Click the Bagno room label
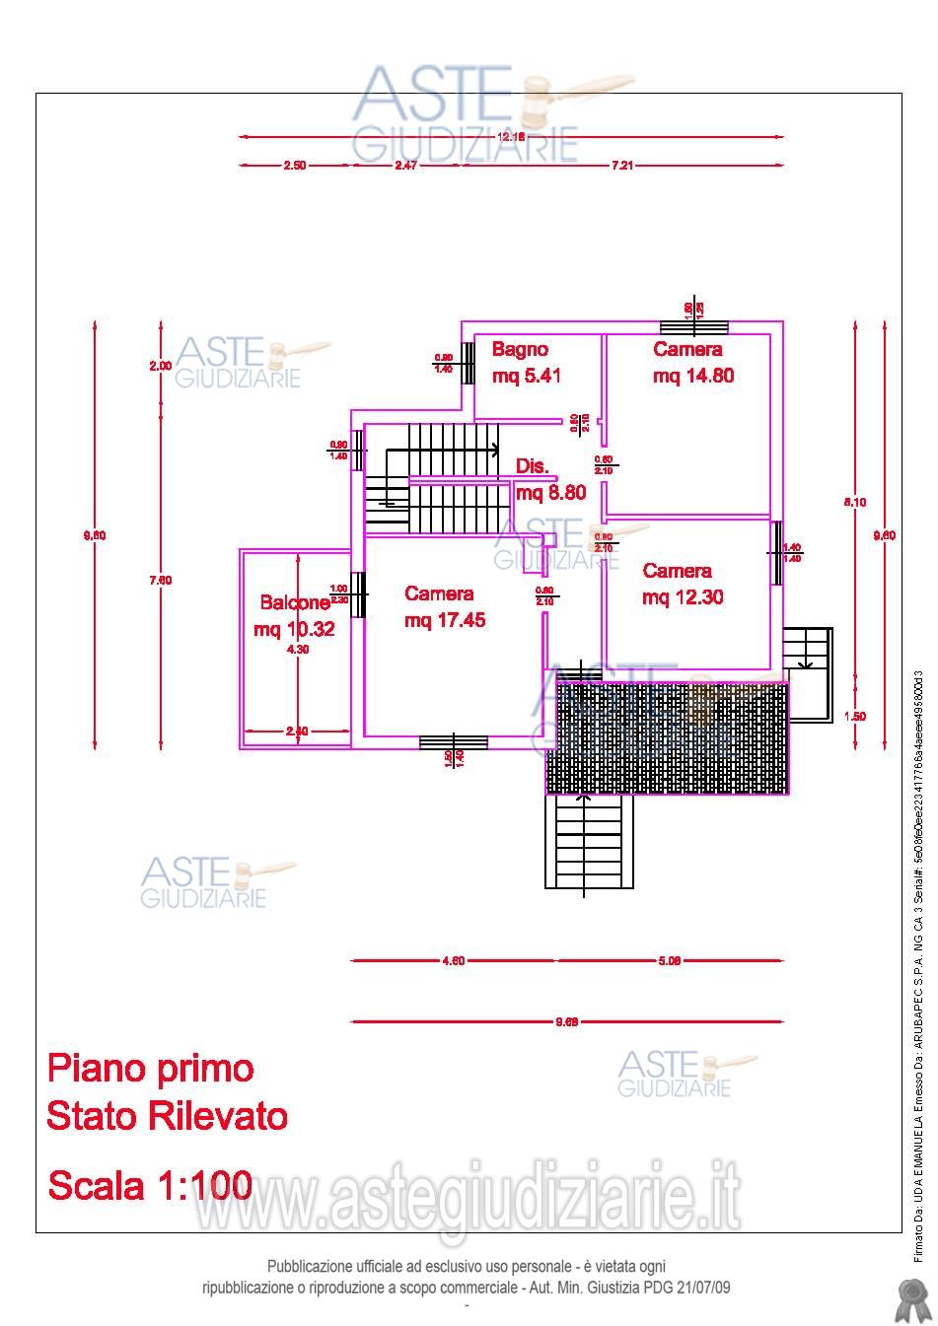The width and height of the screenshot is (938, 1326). click(x=520, y=349)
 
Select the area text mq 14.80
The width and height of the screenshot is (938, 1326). click(x=693, y=376)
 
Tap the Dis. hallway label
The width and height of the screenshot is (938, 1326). click(x=533, y=466)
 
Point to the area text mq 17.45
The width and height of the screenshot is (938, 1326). click(x=445, y=620)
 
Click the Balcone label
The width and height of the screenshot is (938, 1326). click(x=295, y=602)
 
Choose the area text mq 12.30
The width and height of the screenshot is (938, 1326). click(x=683, y=597)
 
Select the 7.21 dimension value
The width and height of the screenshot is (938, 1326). click(x=621, y=166)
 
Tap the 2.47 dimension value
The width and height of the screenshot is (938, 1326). click(x=406, y=166)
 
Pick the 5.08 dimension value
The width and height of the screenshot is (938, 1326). click(x=669, y=961)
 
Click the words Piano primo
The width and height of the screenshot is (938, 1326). click(x=151, y=1068)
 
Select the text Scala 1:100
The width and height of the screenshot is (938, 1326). click(x=150, y=1184)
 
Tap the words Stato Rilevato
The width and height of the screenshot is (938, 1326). click(x=168, y=1116)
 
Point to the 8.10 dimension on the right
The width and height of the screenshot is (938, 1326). click(x=854, y=502)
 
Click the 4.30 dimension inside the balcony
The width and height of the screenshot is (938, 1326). click(x=297, y=650)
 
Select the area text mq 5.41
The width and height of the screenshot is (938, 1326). click(x=528, y=376)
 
